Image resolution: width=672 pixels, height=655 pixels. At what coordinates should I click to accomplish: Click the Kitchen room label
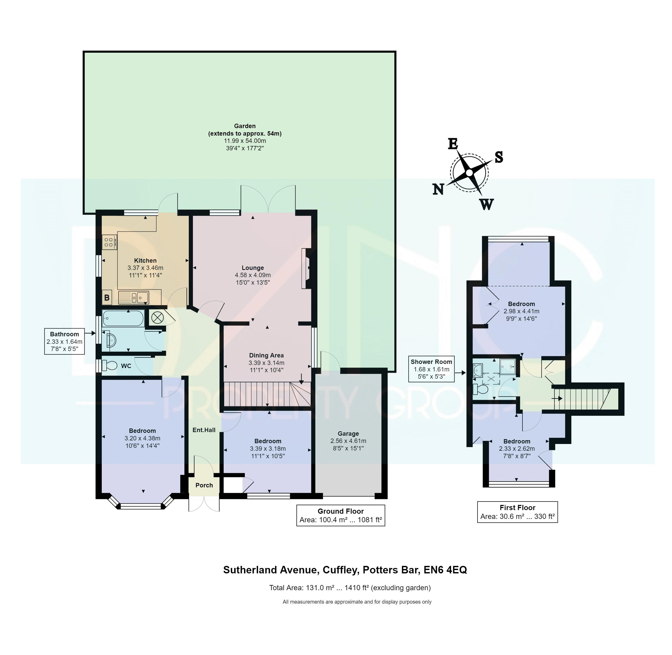(x=145, y=260)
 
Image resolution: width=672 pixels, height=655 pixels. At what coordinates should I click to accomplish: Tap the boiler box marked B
(x=107, y=298)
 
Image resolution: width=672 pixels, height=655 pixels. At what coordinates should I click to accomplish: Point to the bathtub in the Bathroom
(x=123, y=318)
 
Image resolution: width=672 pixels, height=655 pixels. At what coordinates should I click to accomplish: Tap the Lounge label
(x=253, y=268)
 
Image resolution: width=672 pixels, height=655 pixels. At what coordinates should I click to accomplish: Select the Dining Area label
(x=267, y=355)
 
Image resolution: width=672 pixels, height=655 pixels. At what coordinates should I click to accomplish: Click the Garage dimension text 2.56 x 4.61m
(x=348, y=441)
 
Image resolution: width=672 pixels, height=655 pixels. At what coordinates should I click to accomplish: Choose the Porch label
(x=204, y=485)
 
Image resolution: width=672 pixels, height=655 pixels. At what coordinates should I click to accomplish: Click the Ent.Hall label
(x=204, y=430)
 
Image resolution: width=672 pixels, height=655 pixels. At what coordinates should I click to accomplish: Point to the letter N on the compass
(x=438, y=189)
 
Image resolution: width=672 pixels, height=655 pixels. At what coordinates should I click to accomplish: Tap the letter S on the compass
(x=499, y=157)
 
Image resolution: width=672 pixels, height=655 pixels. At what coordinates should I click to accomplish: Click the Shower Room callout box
(x=431, y=369)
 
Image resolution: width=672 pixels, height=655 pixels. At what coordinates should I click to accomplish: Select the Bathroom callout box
(x=64, y=341)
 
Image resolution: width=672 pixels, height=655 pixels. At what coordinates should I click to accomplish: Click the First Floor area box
(x=517, y=512)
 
